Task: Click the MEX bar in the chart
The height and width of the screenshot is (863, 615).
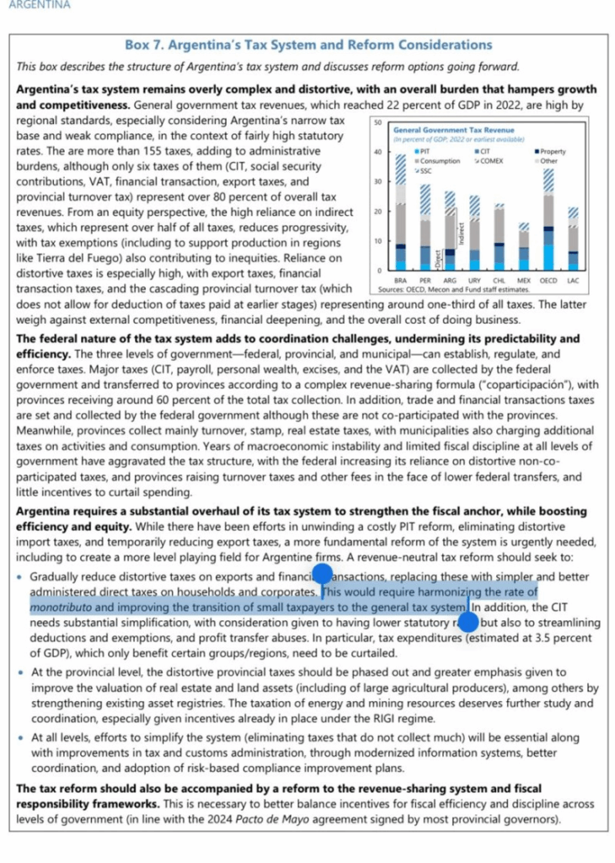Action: tap(523, 247)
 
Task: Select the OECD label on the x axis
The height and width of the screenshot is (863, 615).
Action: tap(548, 279)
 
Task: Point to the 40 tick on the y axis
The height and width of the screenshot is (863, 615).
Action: tap(378, 152)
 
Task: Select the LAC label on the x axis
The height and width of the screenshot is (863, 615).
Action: tap(573, 279)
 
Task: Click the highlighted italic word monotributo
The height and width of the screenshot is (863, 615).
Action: tap(61, 607)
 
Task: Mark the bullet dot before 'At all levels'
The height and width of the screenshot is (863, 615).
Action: tap(20, 736)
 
